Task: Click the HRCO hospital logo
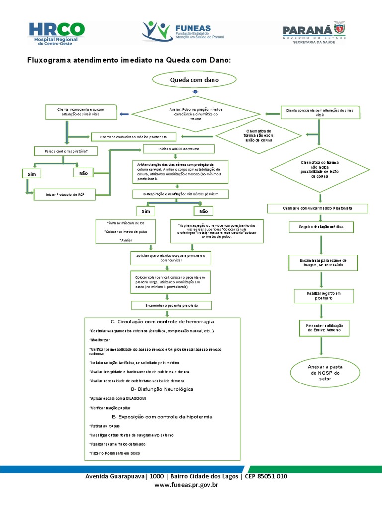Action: coord(56,33)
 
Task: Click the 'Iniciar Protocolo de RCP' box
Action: coord(64,194)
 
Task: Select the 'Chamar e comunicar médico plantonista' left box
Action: coord(136,136)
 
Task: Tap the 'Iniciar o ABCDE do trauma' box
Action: coord(179,149)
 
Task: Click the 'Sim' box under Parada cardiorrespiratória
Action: coord(31,174)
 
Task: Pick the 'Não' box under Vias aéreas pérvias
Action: coord(204,211)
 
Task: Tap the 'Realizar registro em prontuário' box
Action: coord(320,296)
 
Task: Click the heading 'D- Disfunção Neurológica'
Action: coord(162,389)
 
